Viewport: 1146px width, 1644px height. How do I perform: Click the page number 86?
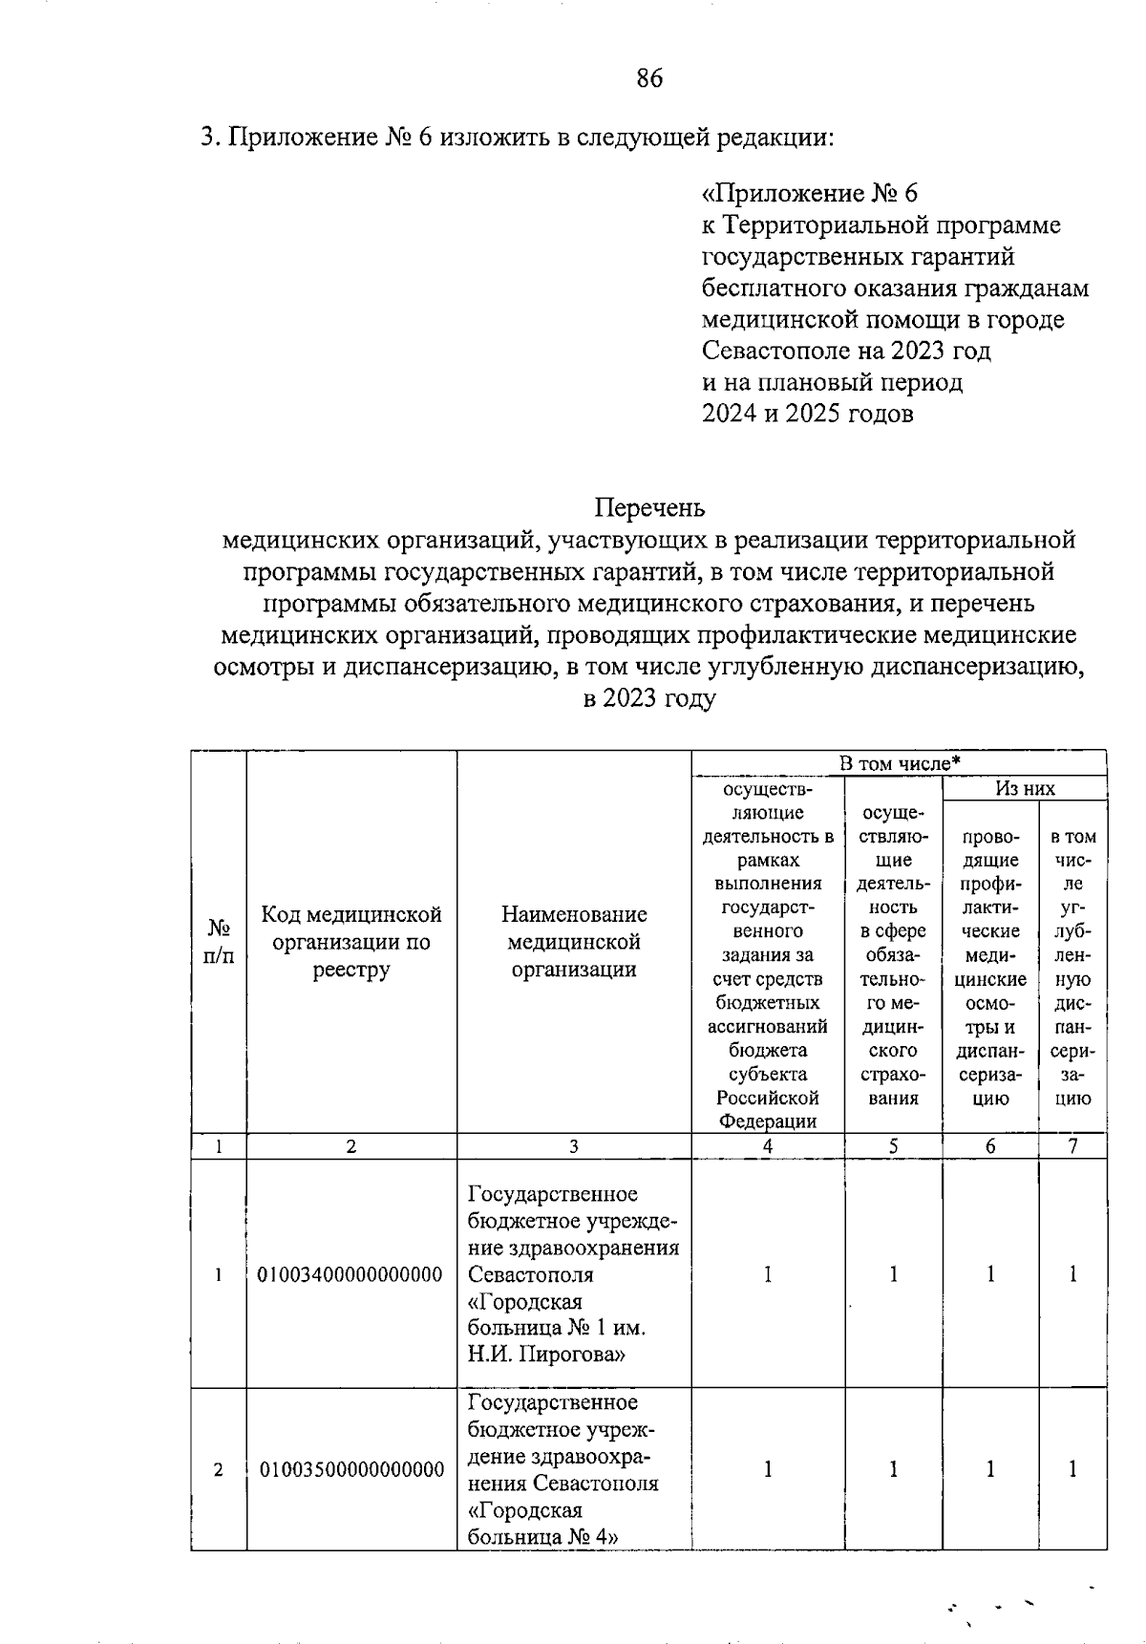tap(648, 78)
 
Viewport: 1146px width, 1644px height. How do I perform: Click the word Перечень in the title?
tap(649, 507)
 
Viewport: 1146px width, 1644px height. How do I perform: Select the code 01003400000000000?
tap(350, 1274)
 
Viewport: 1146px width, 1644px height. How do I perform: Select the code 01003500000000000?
tap(351, 1469)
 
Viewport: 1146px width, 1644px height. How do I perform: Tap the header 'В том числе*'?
tap(899, 763)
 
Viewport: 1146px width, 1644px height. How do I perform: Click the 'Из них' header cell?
tap(1025, 788)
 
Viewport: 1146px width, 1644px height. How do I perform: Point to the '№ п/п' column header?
tap(219, 942)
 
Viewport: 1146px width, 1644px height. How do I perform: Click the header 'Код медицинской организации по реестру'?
tap(351, 942)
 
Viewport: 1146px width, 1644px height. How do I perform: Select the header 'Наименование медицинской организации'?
tap(574, 942)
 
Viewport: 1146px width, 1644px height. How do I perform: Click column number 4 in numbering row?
tap(768, 1147)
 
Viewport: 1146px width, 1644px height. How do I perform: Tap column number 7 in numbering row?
tap(1072, 1147)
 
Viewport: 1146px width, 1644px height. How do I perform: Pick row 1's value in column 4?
tap(768, 1274)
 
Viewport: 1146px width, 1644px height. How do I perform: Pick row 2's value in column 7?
tap(1072, 1469)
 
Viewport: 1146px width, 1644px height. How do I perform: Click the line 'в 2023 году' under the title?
tap(648, 698)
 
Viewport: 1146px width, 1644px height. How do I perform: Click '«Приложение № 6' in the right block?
tap(809, 194)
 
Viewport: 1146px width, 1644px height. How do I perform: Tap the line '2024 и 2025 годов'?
tap(808, 414)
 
